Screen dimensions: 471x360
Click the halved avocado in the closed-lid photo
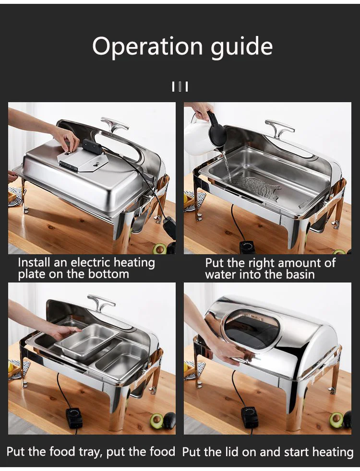pos(336,420)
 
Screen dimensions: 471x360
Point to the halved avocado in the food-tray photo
pos(156,421)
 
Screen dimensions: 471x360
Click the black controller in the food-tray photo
pos(74,418)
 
